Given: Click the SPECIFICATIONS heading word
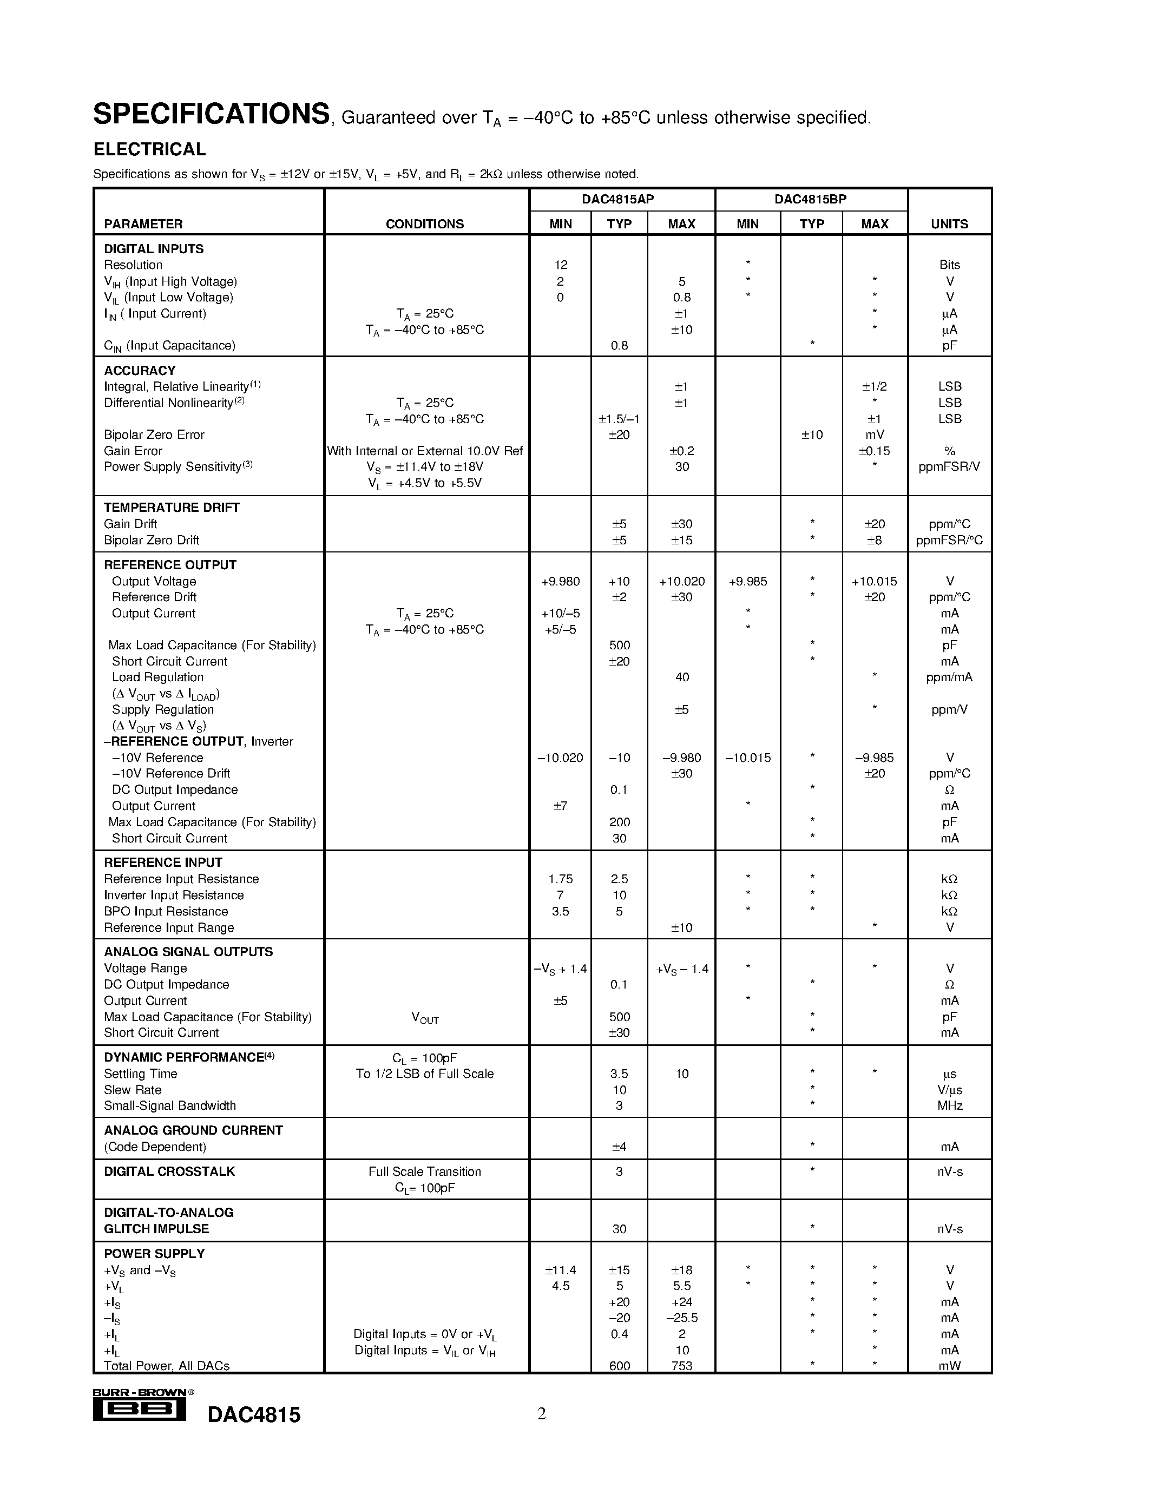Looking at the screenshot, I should pyautogui.click(x=211, y=114).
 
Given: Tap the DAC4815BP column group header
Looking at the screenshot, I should pyautogui.click(x=810, y=200).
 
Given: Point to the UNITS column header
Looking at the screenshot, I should pyautogui.click(x=949, y=224).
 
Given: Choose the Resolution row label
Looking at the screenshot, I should pyautogui.click(x=133, y=265).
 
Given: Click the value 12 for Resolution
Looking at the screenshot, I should pyautogui.click(x=561, y=265).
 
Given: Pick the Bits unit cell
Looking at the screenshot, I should pyautogui.click(x=949, y=265).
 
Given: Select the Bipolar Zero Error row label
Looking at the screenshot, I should pyautogui.click(x=154, y=434).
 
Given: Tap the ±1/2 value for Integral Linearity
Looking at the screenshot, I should pyautogui.click(x=874, y=387).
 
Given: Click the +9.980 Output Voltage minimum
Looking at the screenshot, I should pyautogui.click(x=560, y=582).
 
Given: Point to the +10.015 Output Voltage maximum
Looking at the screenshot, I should pyautogui.click(x=874, y=582).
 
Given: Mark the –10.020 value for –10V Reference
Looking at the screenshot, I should pyautogui.click(x=560, y=758).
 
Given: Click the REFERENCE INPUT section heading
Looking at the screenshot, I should pyautogui.click(x=163, y=862).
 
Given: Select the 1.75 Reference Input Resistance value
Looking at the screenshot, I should pyautogui.click(x=560, y=879).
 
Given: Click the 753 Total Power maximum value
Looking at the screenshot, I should pyautogui.click(x=681, y=1366).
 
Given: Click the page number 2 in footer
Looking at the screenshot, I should pyautogui.click(x=542, y=1414).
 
